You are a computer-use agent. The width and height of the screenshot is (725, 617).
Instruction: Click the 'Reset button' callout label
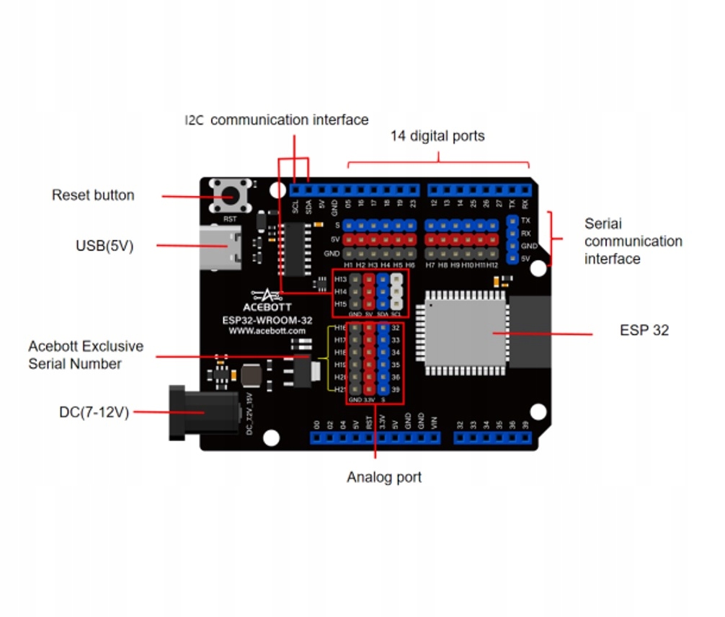point(93,195)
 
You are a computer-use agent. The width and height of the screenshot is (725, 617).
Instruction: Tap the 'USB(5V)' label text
point(104,246)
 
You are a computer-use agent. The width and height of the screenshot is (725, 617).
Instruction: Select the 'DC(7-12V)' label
point(94,412)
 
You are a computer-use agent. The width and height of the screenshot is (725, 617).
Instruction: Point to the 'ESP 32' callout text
point(644,330)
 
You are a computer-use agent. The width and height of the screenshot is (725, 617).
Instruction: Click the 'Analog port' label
point(384,477)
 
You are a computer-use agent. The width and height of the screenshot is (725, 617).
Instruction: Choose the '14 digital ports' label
point(437,136)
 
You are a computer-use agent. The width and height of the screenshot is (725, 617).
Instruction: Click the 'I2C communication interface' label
point(277,120)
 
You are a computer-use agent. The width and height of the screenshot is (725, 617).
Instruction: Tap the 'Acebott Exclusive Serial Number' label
point(86,355)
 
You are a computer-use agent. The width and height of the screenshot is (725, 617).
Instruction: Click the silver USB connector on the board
point(219,247)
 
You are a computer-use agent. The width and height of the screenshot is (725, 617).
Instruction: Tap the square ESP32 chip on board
point(465,332)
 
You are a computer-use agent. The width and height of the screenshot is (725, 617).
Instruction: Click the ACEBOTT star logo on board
point(268,294)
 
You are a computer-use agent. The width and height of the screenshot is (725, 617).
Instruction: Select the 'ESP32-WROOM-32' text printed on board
point(267,319)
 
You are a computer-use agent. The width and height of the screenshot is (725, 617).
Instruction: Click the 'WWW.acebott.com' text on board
point(267,330)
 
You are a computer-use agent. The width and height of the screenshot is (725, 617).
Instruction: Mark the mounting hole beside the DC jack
point(271,437)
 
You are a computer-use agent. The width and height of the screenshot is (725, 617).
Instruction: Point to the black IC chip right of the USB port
point(294,249)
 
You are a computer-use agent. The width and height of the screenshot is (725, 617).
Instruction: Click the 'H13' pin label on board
point(341,279)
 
